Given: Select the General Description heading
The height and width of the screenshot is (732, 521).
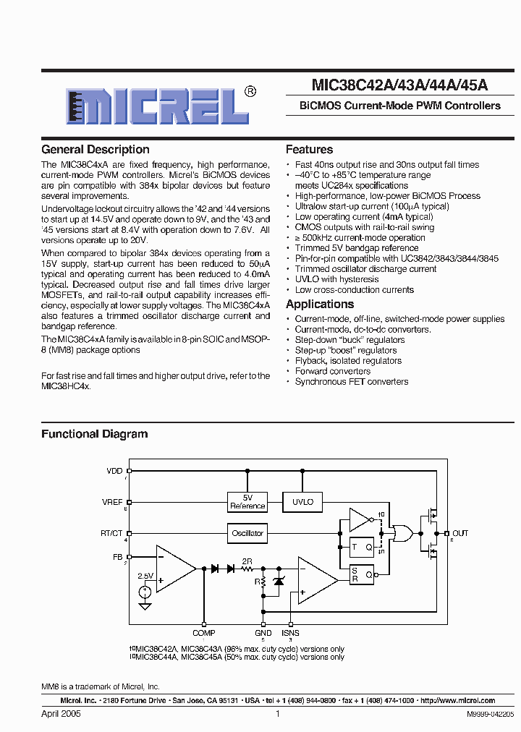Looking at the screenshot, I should tap(96, 150).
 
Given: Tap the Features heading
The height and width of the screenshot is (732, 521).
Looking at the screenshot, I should tap(309, 150).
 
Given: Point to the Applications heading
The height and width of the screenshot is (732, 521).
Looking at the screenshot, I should tap(320, 305).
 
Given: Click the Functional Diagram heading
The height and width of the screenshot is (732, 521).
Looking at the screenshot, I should tap(94, 435).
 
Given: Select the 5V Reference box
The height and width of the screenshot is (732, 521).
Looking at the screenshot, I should tap(247, 502).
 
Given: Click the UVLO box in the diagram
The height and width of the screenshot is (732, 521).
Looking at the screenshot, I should tap(302, 502).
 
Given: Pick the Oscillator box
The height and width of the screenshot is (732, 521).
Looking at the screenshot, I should tap(247, 533).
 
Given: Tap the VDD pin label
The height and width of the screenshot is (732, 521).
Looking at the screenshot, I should tap(115, 471).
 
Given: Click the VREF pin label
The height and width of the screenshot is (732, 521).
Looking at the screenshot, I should tap(113, 501).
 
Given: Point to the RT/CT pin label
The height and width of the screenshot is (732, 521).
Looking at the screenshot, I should tap(111, 533).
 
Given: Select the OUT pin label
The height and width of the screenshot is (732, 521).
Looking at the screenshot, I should tap(460, 533).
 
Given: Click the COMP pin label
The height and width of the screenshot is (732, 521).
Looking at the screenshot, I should tap(204, 633).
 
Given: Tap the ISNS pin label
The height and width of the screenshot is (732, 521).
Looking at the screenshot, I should tap(290, 633).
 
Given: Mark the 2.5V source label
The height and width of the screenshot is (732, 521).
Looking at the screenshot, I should tap(146, 576).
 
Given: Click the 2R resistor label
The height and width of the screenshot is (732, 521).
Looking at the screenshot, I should tap(247, 561).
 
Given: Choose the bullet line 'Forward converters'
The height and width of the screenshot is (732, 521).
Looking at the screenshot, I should tap(332, 371).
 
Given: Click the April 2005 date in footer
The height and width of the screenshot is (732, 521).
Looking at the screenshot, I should tap(61, 713).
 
